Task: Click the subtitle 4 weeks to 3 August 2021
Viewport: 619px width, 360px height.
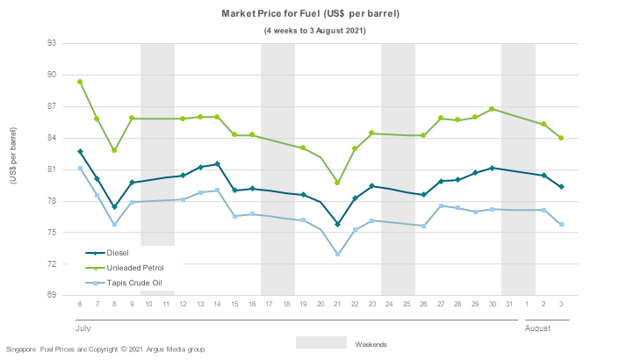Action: tap(314, 31)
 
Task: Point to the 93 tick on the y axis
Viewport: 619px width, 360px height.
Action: tap(53, 43)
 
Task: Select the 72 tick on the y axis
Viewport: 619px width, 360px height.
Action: tap(53, 264)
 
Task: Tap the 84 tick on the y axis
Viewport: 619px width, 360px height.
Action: tap(53, 138)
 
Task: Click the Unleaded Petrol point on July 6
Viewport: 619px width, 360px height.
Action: tap(80, 82)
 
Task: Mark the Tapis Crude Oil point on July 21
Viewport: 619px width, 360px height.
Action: tap(337, 255)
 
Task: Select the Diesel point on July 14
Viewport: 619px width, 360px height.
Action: tap(217, 164)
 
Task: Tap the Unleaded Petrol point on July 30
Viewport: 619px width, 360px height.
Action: tap(492, 109)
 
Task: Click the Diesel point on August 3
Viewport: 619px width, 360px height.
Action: tap(560, 187)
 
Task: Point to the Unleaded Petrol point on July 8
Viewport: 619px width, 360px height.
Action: tap(114, 150)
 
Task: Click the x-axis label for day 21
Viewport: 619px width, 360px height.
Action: tap(337, 304)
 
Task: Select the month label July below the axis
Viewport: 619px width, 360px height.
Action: tap(83, 328)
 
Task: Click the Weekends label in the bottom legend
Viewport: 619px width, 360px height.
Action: tap(371, 344)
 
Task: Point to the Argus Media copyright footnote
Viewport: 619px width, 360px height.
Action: tap(105, 349)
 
